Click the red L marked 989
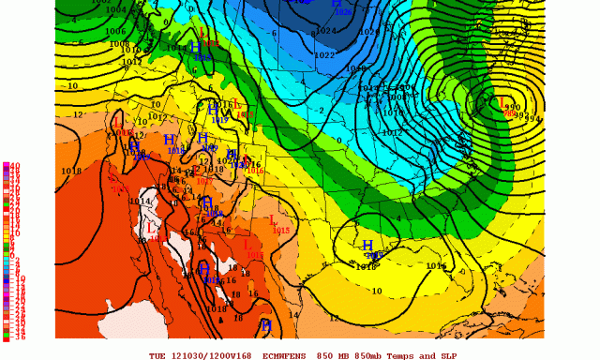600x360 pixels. click(502, 102)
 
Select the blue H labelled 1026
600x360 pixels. click(337, 4)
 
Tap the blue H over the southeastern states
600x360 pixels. click(368, 246)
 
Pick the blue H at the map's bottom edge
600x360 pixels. click(266, 325)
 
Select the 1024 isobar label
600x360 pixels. click(325, 31)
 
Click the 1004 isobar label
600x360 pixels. click(116, 10)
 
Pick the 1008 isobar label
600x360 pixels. click(118, 44)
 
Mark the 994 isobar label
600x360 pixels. click(533, 117)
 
